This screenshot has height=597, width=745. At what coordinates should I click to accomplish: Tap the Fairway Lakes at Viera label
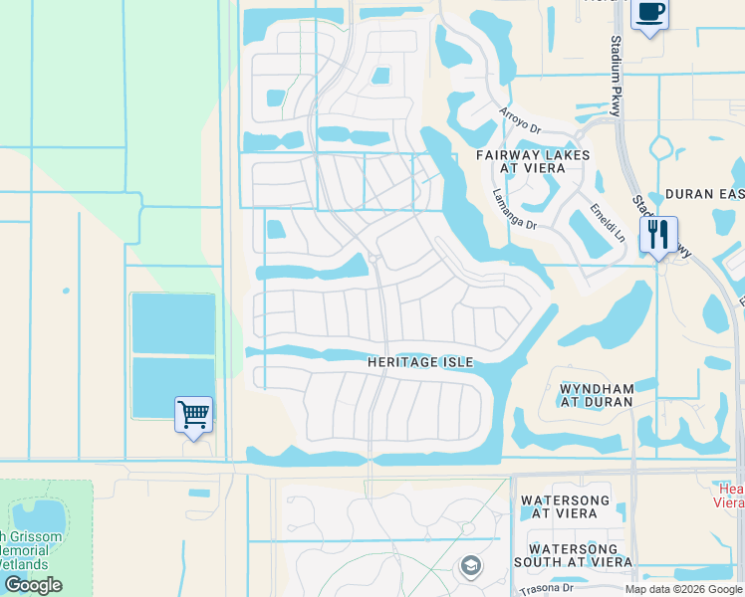click(x=532, y=161)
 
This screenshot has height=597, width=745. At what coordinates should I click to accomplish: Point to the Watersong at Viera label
click(x=565, y=506)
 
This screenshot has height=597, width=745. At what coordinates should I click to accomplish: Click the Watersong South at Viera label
click(x=581, y=555)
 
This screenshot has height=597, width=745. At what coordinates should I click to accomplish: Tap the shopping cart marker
click(x=193, y=414)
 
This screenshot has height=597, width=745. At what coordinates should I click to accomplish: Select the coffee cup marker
click(x=650, y=14)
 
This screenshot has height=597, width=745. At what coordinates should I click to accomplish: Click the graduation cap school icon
click(x=470, y=567)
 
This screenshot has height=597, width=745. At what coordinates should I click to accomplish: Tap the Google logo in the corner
click(x=33, y=585)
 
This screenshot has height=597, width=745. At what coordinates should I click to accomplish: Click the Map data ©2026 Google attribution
click(x=683, y=589)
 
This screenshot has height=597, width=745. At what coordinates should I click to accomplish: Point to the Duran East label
click(x=703, y=194)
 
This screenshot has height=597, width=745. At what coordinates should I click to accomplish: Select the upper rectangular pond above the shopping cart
click(x=173, y=323)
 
